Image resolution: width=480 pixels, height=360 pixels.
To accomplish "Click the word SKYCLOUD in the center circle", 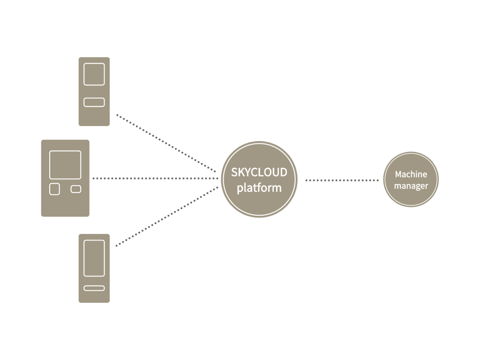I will pyautogui.click(x=259, y=172).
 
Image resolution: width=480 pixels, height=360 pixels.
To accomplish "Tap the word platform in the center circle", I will pyautogui.click(x=259, y=188).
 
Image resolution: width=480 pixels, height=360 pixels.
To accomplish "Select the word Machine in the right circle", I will pyautogui.click(x=411, y=174).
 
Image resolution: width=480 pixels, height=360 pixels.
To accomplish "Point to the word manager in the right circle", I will pyautogui.click(x=411, y=186).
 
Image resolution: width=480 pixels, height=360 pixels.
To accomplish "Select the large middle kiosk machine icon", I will pyautogui.click(x=65, y=206).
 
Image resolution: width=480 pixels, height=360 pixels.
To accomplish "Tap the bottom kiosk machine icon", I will pyautogui.click(x=94, y=295).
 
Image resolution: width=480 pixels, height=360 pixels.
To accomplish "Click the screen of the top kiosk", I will pyautogui.click(x=94, y=74).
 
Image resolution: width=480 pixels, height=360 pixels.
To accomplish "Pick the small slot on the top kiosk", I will pyautogui.click(x=94, y=102).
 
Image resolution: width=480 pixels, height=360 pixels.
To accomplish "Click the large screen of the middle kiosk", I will pyautogui.click(x=65, y=165).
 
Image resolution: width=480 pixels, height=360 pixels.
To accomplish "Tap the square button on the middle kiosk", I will pyautogui.click(x=55, y=189).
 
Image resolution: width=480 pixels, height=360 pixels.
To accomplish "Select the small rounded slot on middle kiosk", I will pyautogui.click(x=76, y=189).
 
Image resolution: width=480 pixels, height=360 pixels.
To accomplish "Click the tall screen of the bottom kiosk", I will pyautogui.click(x=94, y=258).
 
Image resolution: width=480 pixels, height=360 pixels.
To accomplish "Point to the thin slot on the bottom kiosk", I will pyautogui.click(x=94, y=288).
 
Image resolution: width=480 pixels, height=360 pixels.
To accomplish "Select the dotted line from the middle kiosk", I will pyautogui.click(x=155, y=179).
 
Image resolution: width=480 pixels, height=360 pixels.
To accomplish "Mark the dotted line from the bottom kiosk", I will pyautogui.click(x=166, y=216).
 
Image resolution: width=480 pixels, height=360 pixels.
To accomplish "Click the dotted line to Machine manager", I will pyautogui.click(x=342, y=180).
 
